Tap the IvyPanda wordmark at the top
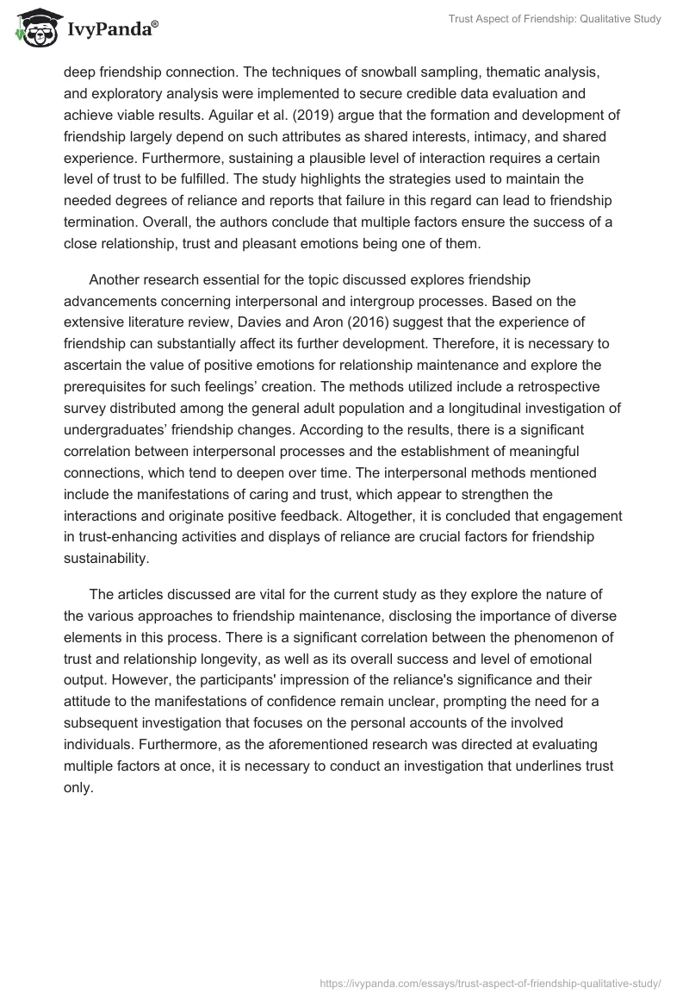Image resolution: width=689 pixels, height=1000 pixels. (109, 30)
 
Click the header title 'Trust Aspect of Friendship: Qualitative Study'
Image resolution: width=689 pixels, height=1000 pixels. (555, 19)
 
